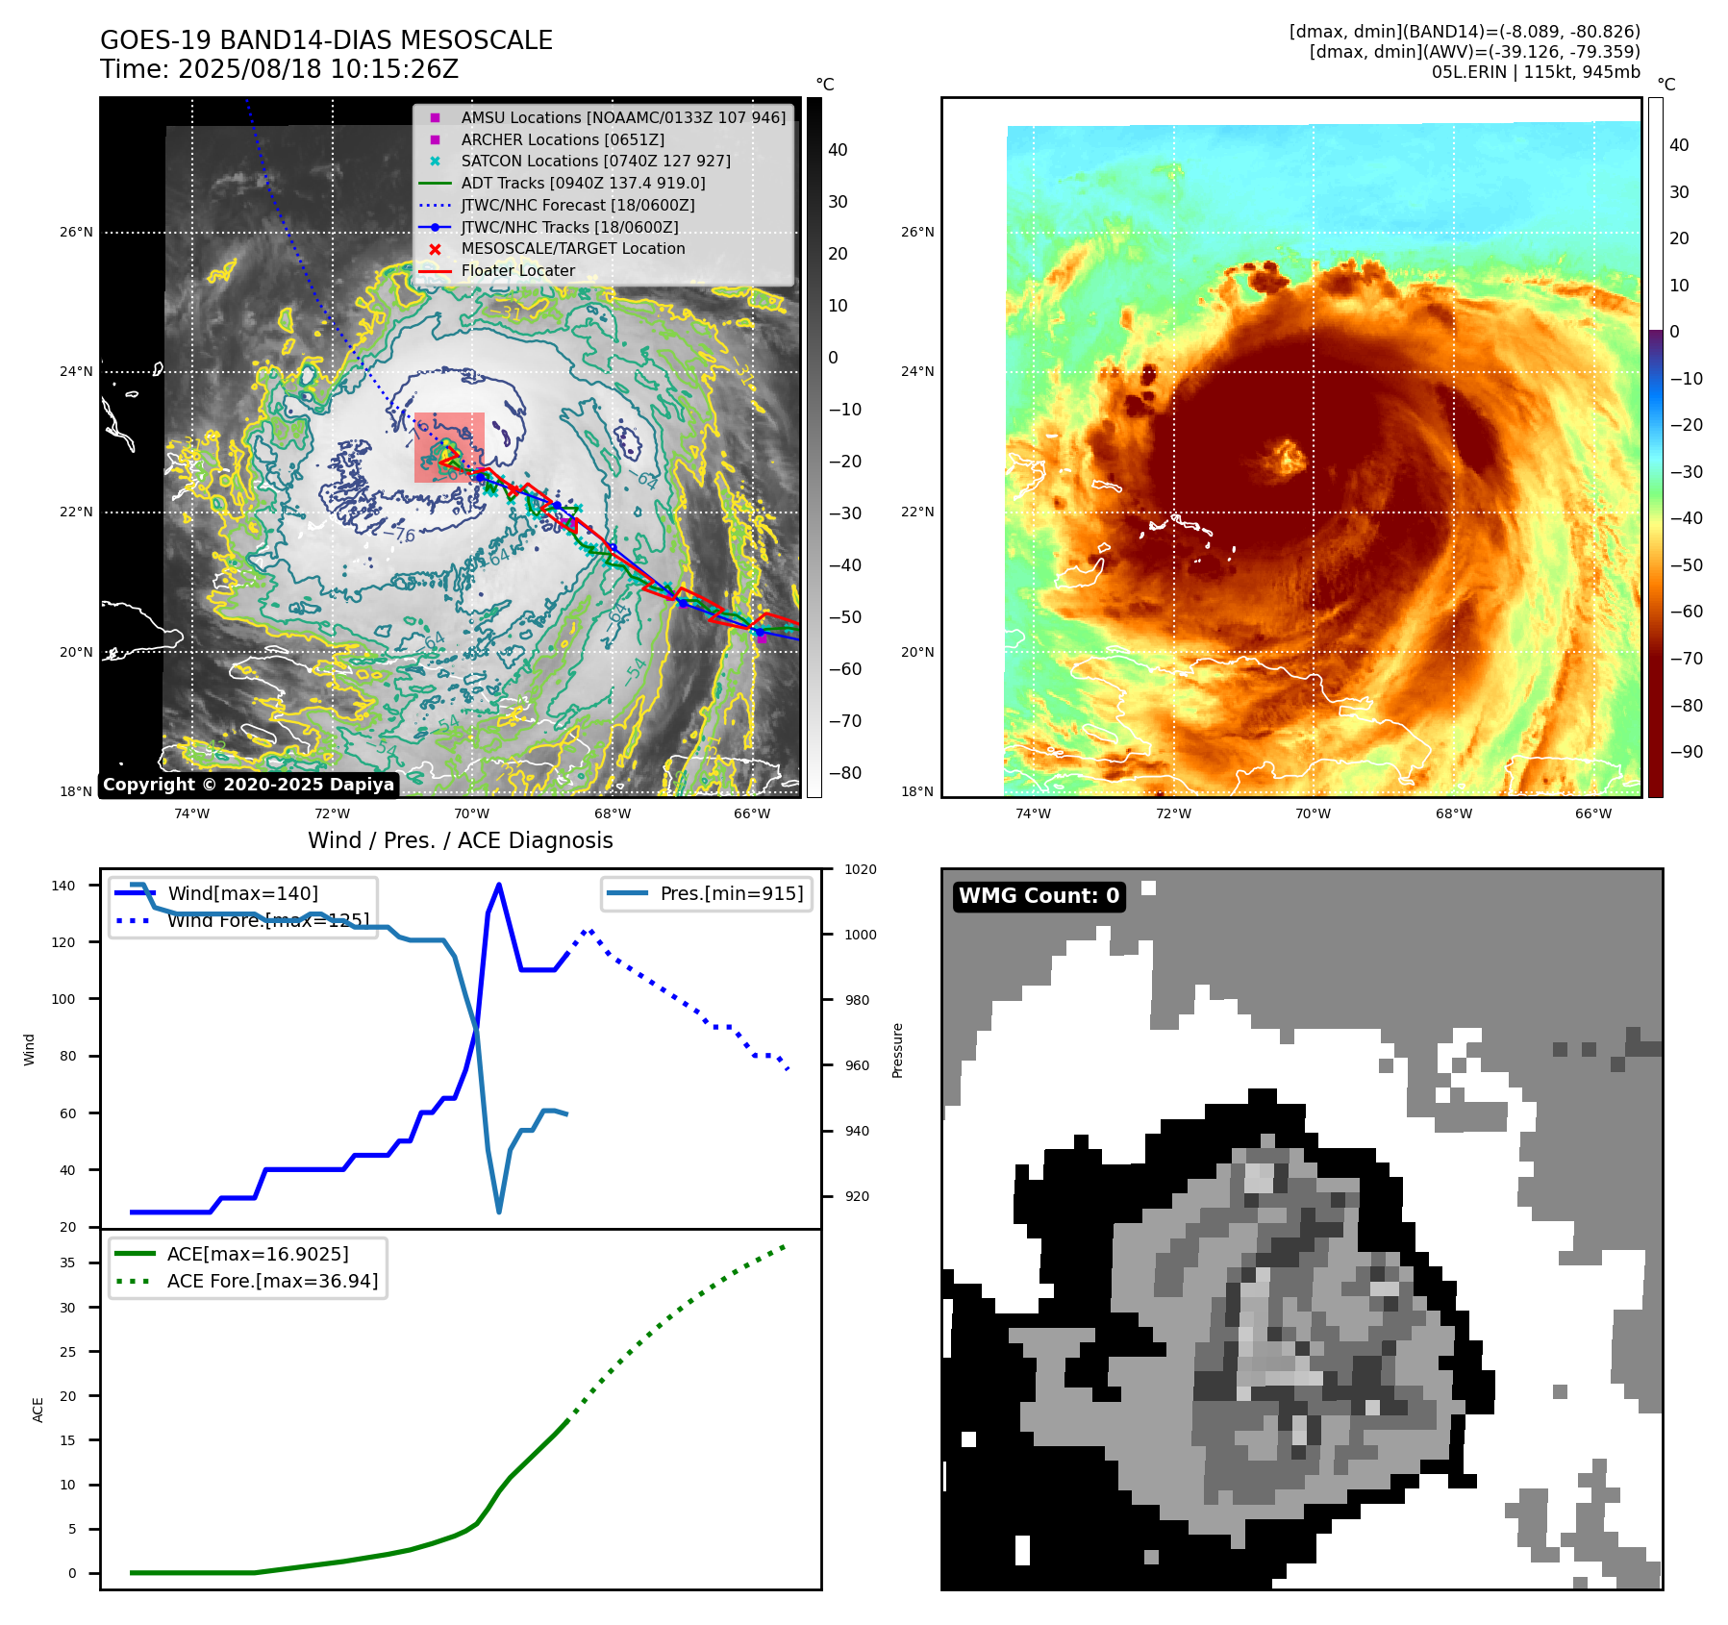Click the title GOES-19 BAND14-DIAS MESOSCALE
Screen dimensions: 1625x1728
coord(326,40)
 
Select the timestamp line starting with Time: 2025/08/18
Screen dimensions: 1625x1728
coord(279,69)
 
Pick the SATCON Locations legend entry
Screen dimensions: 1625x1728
coord(595,161)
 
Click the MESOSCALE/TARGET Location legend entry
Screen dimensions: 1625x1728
coord(572,248)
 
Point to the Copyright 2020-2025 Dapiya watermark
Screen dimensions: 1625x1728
coord(248,784)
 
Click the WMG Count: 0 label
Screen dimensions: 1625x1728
coord(1039,895)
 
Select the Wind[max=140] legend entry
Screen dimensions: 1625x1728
coord(242,893)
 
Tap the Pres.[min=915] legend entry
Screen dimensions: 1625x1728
coord(731,893)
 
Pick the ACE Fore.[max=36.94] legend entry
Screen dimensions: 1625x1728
coord(272,1281)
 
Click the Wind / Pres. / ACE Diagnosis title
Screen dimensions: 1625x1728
coord(460,840)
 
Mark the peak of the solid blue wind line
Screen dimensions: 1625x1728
coord(498,885)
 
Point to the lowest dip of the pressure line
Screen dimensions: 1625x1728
coord(498,1212)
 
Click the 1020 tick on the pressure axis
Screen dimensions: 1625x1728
coord(860,869)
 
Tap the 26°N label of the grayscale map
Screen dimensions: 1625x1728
coord(77,232)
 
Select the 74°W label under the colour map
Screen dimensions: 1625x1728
coord(1033,813)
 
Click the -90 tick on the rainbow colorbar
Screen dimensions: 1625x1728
coord(1686,752)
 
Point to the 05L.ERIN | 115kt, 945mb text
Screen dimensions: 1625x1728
coord(1535,72)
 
